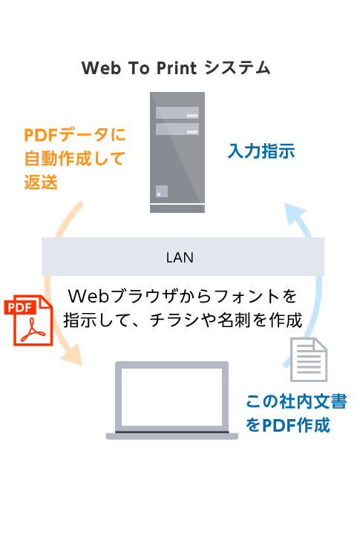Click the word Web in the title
pos(101,67)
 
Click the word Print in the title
pos(177,67)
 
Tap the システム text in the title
pos(238,67)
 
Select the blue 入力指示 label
pos(261,151)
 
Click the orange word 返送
pos(41,182)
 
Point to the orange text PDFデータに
pos(75,134)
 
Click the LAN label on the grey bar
pos(180,257)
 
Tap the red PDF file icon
pos(28,320)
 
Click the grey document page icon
pos(309,359)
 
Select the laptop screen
pos(171,397)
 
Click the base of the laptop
pos(171,436)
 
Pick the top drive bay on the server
pos(177,113)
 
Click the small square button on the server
pos(162,191)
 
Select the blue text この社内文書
pos(296,401)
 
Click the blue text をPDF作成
pos(288,425)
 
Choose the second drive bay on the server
pos(177,129)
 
